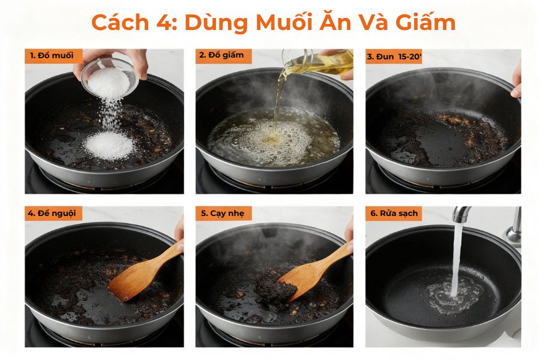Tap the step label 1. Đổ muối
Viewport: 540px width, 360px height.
point(52,56)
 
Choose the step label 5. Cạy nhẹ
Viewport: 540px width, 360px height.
point(224,213)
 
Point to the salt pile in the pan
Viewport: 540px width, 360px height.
point(109,145)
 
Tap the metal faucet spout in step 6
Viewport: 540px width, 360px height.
point(461,214)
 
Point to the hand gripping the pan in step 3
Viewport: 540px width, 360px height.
point(516,81)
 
